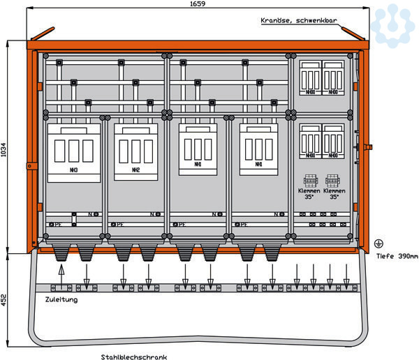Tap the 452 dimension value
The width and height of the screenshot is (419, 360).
pos(5,300)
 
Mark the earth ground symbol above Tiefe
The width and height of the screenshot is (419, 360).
pos(378,243)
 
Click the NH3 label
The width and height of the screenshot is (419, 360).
pos(73,170)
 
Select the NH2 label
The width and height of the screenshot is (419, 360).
pos(135,170)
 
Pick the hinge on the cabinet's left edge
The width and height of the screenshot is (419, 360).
pos(30,165)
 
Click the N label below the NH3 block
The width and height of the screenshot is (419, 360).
pos(89,214)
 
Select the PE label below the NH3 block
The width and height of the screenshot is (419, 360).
pos(58,225)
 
